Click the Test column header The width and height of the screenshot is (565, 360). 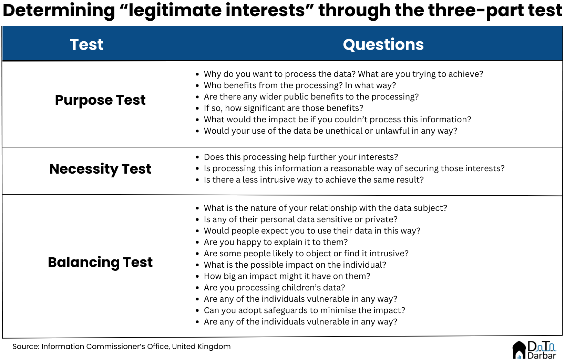click(86, 45)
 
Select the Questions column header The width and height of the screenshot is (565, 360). click(383, 45)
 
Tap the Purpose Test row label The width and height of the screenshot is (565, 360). click(100, 100)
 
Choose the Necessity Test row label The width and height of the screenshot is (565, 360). click(100, 169)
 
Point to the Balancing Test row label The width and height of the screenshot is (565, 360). click(100, 263)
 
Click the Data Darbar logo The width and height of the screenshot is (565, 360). click(534, 350)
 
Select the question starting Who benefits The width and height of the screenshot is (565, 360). click(300, 85)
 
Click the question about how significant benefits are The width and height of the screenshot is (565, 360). click(284, 108)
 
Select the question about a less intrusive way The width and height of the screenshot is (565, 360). click(314, 180)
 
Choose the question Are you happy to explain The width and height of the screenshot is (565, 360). click(276, 242)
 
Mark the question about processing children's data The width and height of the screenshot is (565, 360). click(275, 288)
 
